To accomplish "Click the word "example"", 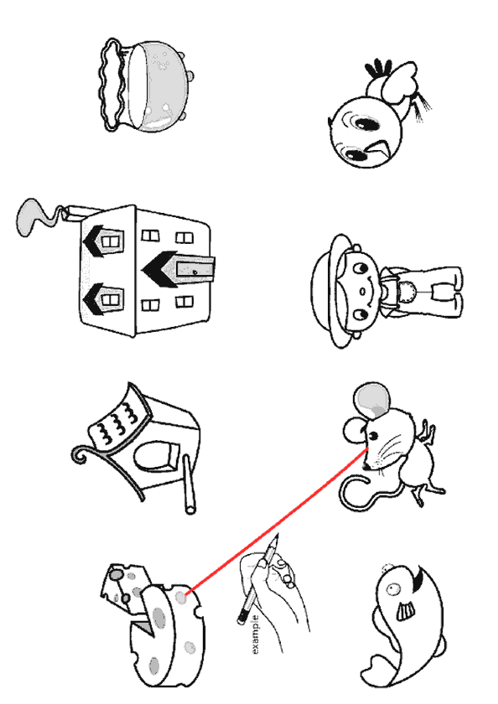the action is coord(255,634).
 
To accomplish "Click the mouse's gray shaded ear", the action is coord(372,400).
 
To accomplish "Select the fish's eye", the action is coord(393,588).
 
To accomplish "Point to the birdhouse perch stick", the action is coord(189,485).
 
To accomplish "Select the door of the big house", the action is coord(195,269).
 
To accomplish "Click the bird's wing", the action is coord(399,83).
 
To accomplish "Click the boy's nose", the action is coord(362,292).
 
